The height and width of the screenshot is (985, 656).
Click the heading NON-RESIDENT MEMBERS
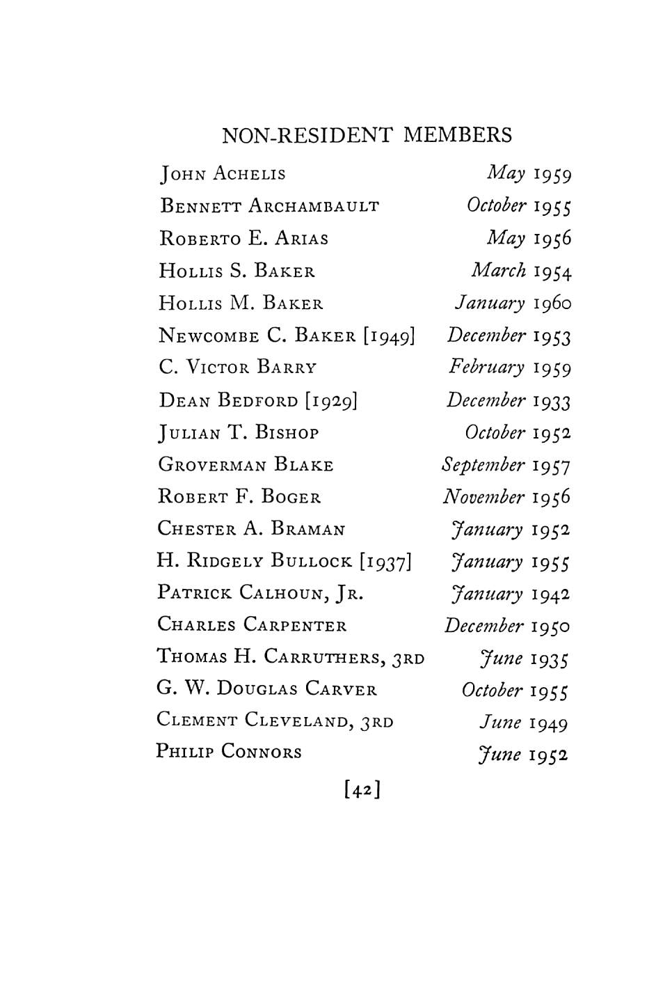pyautogui.click(x=367, y=134)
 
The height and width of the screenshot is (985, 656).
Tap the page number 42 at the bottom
pyautogui.click(x=361, y=790)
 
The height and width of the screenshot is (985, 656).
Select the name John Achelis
pyautogui.click(x=223, y=173)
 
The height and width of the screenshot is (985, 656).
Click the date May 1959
pyautogui.click(x=529, y=173)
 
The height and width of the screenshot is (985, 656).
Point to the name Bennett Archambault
pyautogui.click(x=269, y=206)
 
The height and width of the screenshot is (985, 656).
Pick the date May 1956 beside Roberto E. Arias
pyautogui.click(x=529, y=238)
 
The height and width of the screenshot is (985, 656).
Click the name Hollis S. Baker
pyautogui.click(x=237, y=271)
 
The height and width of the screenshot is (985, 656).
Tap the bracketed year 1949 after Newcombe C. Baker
pyautogui.click(x=389, y=336)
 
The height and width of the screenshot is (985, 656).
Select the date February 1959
pyautogui.click(x=510, y=368)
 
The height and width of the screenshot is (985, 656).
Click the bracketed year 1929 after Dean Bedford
pyautogui.click(x=331, y=400)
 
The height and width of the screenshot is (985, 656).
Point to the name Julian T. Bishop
pyautogui.click(x=239, y=433)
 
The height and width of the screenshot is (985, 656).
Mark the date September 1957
pyautogui.click(x=506, y=465)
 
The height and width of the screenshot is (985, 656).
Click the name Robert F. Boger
pyautogui.click(x=239, y=497)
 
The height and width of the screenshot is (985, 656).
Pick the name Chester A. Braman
pyautogui.click(x=251, y=529)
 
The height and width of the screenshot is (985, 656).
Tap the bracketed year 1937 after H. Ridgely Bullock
pyautogui.click(x=386, y=561)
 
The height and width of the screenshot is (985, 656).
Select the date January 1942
pyautogui.click(x=511, y=594)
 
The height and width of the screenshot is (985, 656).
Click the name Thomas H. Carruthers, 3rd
pyautogui.click(x=290, y=656)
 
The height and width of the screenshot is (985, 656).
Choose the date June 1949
pyautogui.click(x=523, y=723)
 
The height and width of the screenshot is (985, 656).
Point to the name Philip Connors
pyautogui.click(x=229, y=752)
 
